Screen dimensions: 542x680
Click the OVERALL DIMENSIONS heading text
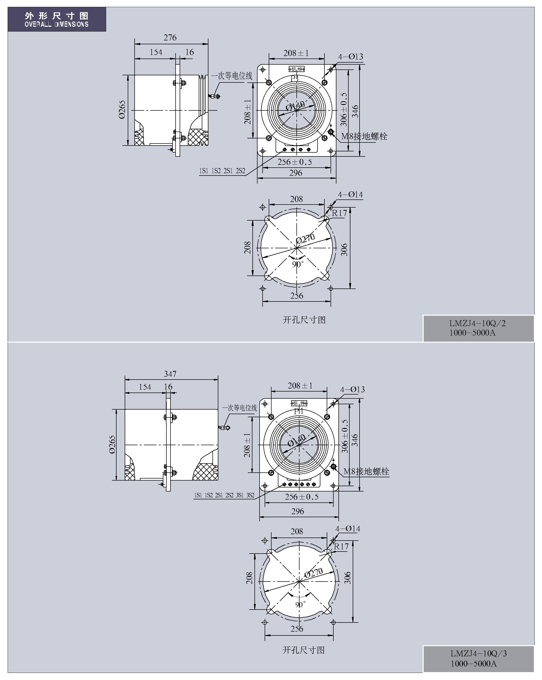click(x=56, y=24)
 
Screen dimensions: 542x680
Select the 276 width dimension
click(x=170, y=38)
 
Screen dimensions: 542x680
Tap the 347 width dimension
click(x=170, y=374)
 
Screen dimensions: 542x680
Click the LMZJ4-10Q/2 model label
click(x=477, y=323)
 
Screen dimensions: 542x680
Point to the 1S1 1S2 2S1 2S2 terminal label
click(x=222, y=171)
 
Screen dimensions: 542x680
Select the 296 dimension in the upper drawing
click(x=296, y=173)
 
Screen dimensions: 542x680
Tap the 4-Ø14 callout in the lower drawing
click(x=348, y=529)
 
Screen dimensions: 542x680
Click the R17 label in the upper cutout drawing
click(x=339, y=213)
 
